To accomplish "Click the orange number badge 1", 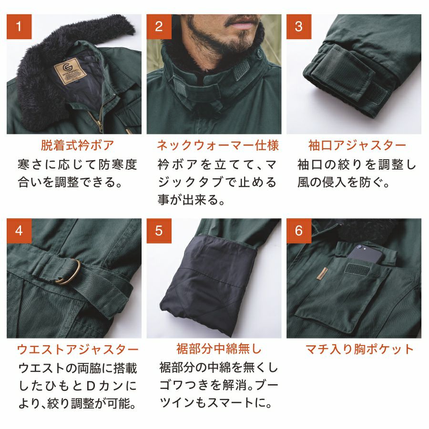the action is [x=19, y=27].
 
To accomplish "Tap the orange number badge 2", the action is [x=159, y=27].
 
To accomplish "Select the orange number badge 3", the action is [x=299, y=27].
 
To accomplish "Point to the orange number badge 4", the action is [x=19, y=231].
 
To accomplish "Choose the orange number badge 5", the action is [x=159, y=231].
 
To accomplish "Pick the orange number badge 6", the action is [x=299, y=231].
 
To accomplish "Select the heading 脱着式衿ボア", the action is [x=77, y=145].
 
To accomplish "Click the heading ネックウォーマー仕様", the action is [x=218, y=145].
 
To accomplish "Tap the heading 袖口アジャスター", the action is [x=357, y=145].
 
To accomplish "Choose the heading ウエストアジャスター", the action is [x=78, y=349].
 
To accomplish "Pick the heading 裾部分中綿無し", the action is [x=219, y=349].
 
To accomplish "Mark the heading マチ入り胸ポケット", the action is [x=359, y=349].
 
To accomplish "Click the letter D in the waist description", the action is [x=91, y=386].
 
